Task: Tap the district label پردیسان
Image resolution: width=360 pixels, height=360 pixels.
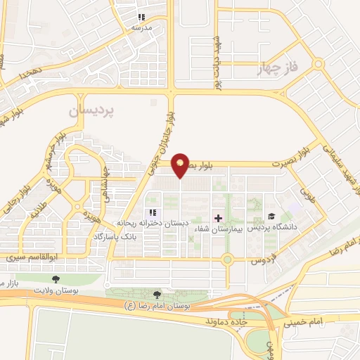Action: [x=96, y=112]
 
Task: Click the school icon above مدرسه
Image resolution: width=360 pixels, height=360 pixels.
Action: [x=141, y=17]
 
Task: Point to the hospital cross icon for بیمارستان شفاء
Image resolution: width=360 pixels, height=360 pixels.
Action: [x=218, y=219]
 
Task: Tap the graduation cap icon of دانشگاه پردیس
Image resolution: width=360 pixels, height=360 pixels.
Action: [x=270, y=217]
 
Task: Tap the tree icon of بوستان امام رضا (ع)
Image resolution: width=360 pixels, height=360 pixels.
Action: [x=155, y=295]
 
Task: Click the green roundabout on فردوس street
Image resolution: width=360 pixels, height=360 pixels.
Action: [x=227, y=259]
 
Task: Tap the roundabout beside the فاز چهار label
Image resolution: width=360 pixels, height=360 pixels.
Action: [x=318, y=63]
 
